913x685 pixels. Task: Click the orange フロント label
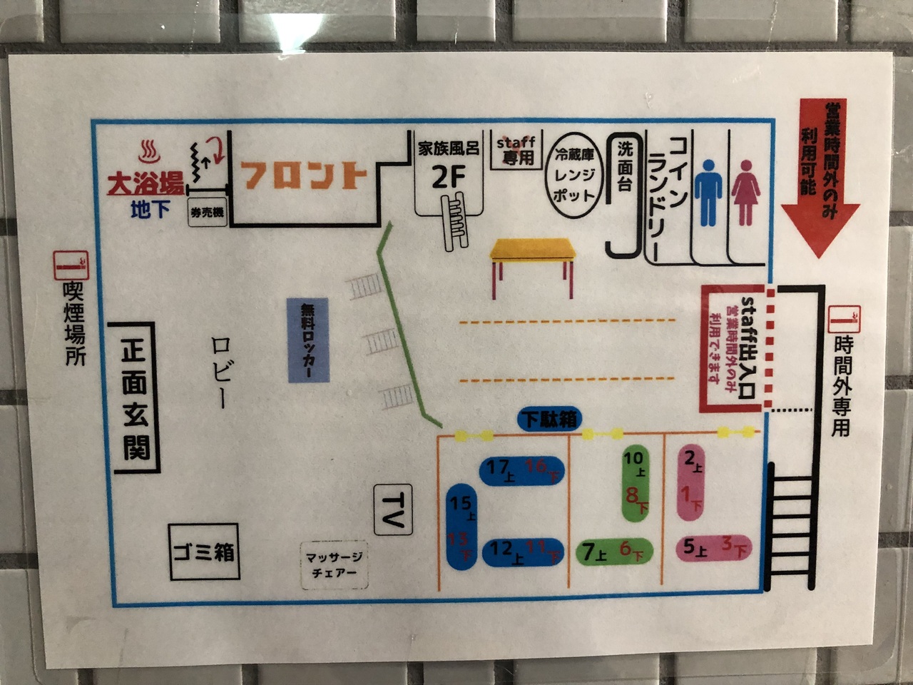click(x=304, y=176)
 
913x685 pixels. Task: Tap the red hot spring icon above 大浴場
click(x=149, y=151)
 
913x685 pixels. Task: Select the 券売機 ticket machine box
click(x=207, y=212)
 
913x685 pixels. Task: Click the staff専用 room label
click(x=516, y=150)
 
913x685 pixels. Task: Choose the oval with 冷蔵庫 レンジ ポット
click(x=574, y=176)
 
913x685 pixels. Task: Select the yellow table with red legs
click(x=533, y=260)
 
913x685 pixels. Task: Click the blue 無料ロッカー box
click(x=308, y=340)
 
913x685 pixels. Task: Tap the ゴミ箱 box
click(x=204, y=552)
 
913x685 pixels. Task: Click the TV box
click(x=393, y=509)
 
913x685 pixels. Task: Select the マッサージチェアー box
click(x=335, y=564)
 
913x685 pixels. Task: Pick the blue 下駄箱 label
click(x=549, y=419)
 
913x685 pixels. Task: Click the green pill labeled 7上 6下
click(x=613, y=552)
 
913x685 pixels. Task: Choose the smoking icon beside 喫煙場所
click(x=71, y=265)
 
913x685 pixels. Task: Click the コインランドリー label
click(x=666, y=193)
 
